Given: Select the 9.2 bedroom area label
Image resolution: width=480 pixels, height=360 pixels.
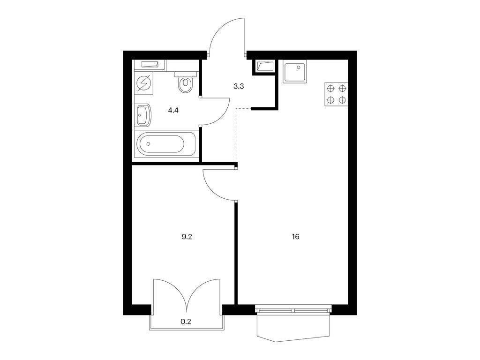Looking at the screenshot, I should (187, 237).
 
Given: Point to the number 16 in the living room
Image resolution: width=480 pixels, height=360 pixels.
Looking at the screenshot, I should (295, 237).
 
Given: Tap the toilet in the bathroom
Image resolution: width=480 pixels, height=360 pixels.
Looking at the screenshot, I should (186, 82).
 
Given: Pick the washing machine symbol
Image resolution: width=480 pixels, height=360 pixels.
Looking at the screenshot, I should (143, 83).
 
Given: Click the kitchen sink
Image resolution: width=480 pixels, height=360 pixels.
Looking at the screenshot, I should (295, 71).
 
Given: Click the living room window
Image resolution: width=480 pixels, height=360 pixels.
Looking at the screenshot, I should (293, 310).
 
